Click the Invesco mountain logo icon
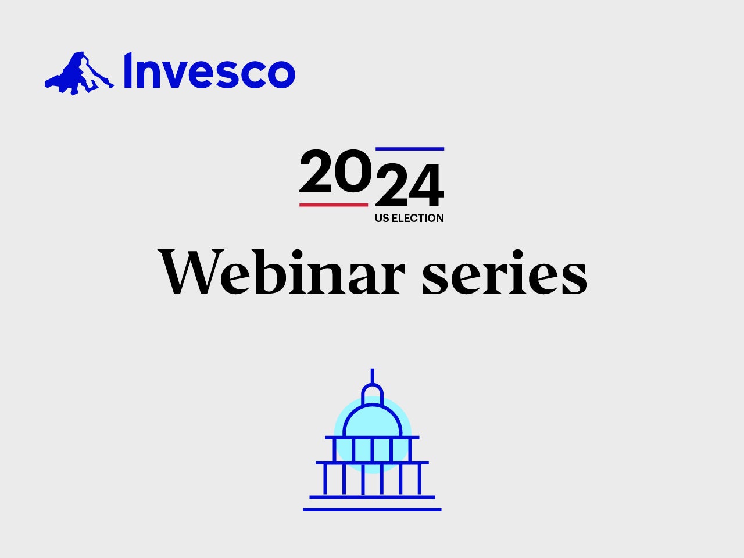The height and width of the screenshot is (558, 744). pyautogui.click(x=79, y=73)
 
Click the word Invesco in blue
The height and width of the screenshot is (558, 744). pyautogui.click(x=210, y=70)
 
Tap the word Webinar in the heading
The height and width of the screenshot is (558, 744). pyautogui.click(x=282, y=271)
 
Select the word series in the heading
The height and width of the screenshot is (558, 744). pyautogui.click(x=505, y=271)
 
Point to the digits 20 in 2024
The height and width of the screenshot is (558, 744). pyautogui.click(x=335, y=171)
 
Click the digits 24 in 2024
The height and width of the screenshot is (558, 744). pyautogui.click(x=409, y=185)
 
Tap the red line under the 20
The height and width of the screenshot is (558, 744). pyautogui.click(x=334, y=205)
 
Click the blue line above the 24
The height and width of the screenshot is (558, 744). pyautogui.click(x=410, y=149)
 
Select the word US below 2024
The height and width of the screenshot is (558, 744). pyautogui.click(x=382, y=218)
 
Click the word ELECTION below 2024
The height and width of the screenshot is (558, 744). pyautogui.click(x=417, y=218)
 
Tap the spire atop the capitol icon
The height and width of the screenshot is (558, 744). pyautogui.click(x=372, y=375)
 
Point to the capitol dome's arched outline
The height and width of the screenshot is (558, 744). pyautogui.click(x=372, y=405)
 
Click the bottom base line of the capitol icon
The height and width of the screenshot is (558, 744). pyautogui.click(x=372, y=510)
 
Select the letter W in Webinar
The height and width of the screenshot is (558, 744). pyautogui.click(x=191, y=271)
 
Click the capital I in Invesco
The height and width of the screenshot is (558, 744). pyautogui.click(x=128, y=70)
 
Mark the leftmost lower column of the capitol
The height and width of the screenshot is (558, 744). pyautogui.click(x=325, y=479)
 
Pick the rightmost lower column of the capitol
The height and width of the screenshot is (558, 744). pyautogui.click(x=419, y=479)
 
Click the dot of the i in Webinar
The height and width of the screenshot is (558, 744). pyautogui.click(x=297, y=255)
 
